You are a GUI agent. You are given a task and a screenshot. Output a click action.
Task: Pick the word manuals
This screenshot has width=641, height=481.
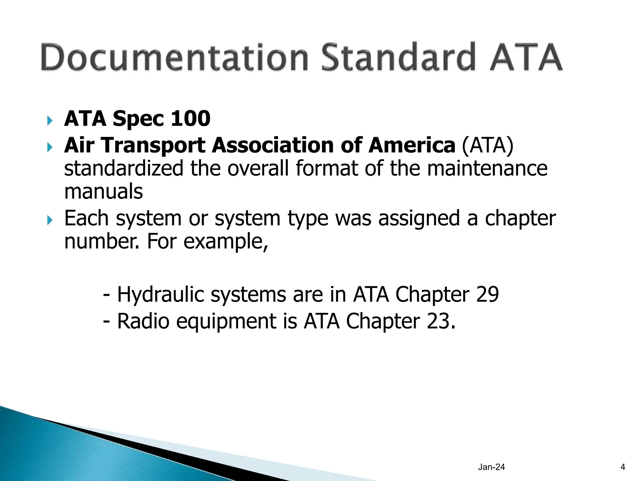coord(104,192)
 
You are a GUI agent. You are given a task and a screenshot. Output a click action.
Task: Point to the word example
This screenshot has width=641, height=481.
coord(225,242)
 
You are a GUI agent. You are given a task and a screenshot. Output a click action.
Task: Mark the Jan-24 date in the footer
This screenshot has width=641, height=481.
coord(491,467)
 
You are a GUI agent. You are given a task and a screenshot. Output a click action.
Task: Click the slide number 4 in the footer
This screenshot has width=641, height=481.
coord(623,467)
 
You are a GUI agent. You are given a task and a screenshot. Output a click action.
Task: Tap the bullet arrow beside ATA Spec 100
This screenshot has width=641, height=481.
coord(50,120)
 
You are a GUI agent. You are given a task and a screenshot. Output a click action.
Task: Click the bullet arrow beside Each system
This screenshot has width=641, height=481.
coord(50,220)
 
